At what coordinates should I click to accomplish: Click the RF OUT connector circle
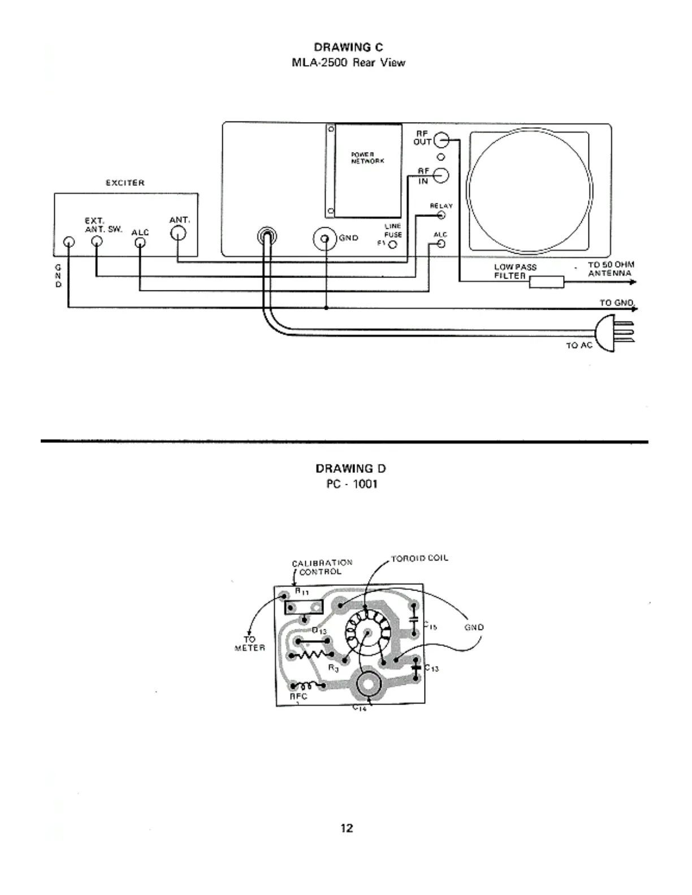442,141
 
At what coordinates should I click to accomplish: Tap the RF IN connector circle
442,176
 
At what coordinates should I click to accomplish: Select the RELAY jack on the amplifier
442,215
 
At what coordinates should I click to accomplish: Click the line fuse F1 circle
392,245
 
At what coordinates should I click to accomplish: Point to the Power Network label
367,157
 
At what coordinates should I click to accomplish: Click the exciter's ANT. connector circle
179,233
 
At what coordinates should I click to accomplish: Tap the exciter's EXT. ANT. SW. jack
97,242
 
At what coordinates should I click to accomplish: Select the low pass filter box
546,281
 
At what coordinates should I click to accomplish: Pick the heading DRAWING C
348,47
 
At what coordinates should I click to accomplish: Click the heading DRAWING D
351,468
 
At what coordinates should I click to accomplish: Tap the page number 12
347,828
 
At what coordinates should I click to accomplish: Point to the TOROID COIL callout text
419,558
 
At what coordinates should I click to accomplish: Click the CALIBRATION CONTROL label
321,567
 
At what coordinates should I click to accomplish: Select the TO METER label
249,644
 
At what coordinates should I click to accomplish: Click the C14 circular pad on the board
369,684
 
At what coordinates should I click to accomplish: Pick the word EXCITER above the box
125,183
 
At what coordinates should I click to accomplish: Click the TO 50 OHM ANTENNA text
610,268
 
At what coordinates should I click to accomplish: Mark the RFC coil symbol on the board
307,684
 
